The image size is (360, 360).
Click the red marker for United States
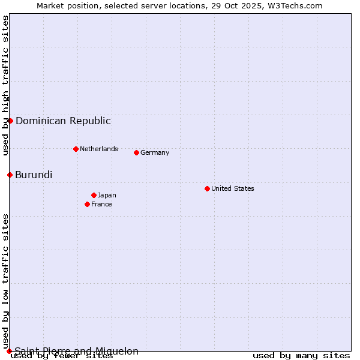pos(207,188)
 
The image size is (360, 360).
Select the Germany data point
pos(136,152)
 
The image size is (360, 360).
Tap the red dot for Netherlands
pos(76,149)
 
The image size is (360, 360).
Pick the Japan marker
pos(94,195)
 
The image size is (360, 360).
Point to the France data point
pos(87,204)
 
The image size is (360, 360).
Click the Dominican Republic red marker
pos(10,121)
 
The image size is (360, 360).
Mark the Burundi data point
pos(10,175)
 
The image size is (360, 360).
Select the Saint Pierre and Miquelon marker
pos(9,351)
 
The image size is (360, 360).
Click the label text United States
pos(232,188)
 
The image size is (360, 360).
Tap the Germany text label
pos(155,152)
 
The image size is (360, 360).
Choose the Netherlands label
pos(98,149)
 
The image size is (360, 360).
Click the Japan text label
pos(107,195)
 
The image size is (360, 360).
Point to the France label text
pos(101,204)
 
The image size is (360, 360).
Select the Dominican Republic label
pos(63,121)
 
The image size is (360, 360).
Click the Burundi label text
pos(34,175)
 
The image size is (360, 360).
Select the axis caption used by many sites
pos(301,355)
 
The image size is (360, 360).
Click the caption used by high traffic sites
pos(5,85)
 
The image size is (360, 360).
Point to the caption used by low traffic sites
pos(5,281)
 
